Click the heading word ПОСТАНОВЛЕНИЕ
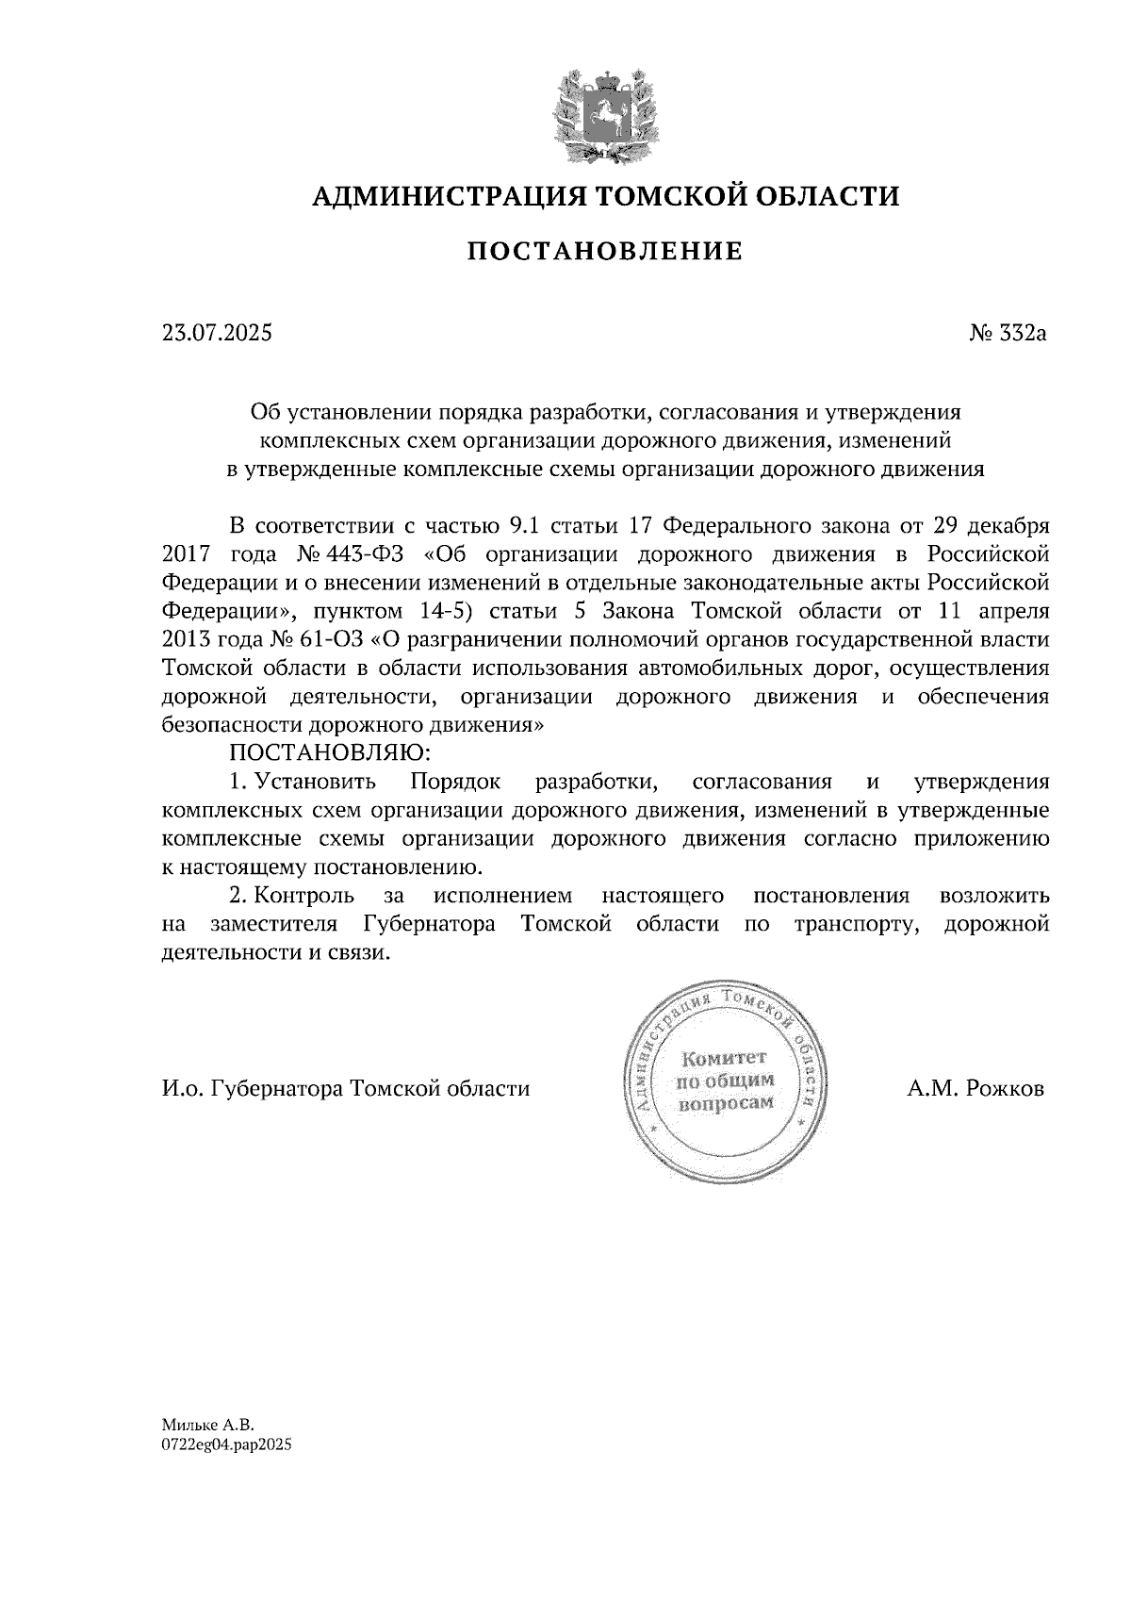605,251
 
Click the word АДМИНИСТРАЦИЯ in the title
439,196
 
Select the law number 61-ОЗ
335,639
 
